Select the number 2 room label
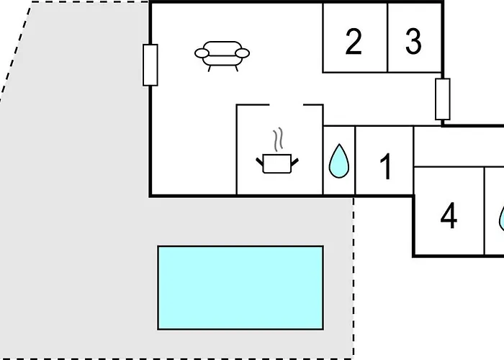[354, 41]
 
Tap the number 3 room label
[413, 41]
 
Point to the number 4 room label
[449, 216]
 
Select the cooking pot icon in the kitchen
[277, 163]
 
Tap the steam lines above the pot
[279, 139]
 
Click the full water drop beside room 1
[339, 161]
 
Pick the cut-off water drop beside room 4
[501, 219]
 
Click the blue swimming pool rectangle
[240, 288]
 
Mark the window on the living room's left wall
[150, 66]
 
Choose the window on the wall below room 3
[443, 99]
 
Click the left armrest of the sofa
[202, 53]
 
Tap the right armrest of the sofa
[243, 53]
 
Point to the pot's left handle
[260, 162]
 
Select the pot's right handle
[294, 162]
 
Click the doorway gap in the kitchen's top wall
[287, 105]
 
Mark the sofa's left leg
[210, 68]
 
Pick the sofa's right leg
[237, 68]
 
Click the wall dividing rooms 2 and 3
[387, 37]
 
